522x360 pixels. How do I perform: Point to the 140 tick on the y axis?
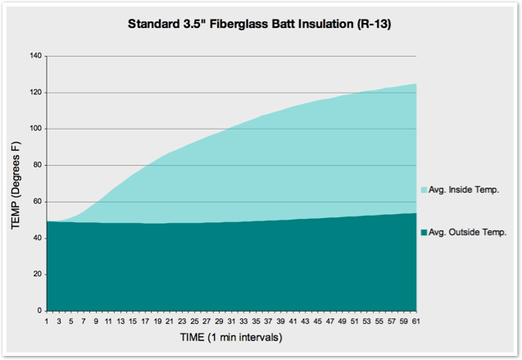[x=35, y=56]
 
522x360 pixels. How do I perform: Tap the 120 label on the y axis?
[x=35, y=92]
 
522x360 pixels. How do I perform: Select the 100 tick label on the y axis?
[x=35, y=129]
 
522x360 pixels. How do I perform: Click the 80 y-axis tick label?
[x=37, y=165]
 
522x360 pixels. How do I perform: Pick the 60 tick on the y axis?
[x=37, y=202]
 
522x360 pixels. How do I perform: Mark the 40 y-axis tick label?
[x=37, y=238]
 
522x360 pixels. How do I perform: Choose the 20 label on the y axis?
[x=37, y=275]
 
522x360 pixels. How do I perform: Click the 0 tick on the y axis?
[x=39, y=311]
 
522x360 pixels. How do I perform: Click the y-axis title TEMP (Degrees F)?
[x=15, y=184]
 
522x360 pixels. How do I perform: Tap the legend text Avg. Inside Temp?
[x=464, y=189]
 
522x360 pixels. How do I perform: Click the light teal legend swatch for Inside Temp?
[x=424, y=190]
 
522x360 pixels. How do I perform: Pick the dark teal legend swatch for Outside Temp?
[x=424, y=233]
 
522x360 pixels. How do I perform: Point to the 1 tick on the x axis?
[x=47, y=321]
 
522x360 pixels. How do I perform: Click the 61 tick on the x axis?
[x=415, y=321]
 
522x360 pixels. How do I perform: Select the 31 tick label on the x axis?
[x=231, y=321]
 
